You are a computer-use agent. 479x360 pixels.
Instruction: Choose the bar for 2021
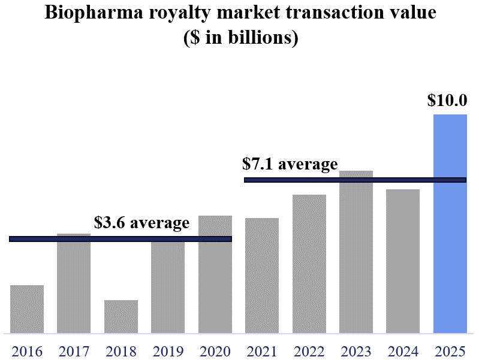(262, 275)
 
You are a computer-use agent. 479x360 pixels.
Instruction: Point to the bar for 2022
(309, 264)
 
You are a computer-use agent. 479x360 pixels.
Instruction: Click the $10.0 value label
(447, 100)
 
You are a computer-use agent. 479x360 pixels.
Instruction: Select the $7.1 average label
(290, 164)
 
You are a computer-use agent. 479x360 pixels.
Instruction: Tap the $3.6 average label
(141, 223)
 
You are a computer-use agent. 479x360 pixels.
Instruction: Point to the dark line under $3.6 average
(120, 239)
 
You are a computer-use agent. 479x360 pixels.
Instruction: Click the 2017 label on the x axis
(74, 350)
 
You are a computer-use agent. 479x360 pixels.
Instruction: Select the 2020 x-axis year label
(215, 350)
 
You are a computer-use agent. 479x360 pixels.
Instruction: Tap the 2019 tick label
(168, 350)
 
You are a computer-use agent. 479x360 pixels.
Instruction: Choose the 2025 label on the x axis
(450, 350)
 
